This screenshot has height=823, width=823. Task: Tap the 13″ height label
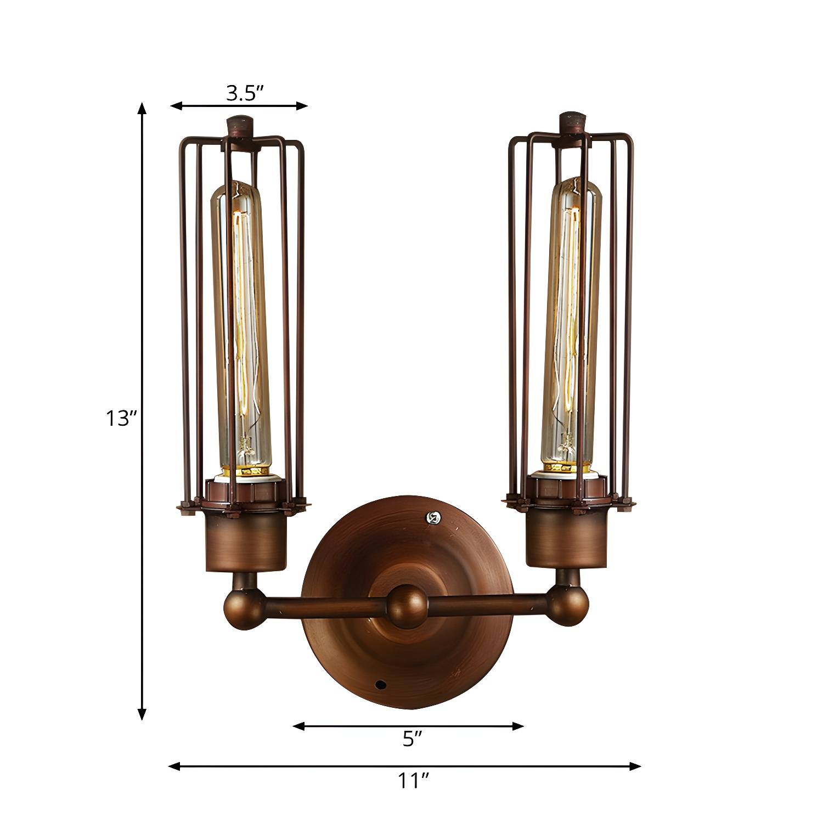coord(121,419)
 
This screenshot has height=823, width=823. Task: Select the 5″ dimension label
coord(412,739)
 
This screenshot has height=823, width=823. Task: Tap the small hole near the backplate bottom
coord(379,685)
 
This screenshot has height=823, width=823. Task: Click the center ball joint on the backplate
coord(408,606)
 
